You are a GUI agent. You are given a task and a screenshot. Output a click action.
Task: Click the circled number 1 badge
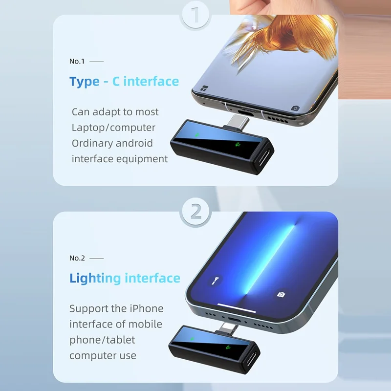pos(195,15)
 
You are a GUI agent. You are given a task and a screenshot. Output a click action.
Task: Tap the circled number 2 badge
pos(196,212)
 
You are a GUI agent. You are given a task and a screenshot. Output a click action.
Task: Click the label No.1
pos(77,62)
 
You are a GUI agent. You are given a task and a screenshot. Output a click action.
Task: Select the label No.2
pos(77,258)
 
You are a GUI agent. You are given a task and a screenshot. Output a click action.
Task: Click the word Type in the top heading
pos(84,82)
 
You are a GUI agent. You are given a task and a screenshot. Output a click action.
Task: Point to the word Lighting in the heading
pos(95,279)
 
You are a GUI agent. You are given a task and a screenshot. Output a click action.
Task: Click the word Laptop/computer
pos(113,128)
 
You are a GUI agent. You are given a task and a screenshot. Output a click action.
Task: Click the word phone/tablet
pos(102,340)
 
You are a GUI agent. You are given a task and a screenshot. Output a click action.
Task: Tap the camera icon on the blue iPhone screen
pos(281,295)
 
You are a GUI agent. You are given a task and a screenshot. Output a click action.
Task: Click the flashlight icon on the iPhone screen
pos(215,280)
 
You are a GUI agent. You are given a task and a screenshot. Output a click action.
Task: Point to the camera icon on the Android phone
pos(295,108)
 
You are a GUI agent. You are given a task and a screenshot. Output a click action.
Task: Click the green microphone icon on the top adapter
pos(238,144)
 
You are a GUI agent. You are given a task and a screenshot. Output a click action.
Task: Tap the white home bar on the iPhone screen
pos(237,308)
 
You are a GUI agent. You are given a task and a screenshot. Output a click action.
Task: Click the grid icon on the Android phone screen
pos(204,88)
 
